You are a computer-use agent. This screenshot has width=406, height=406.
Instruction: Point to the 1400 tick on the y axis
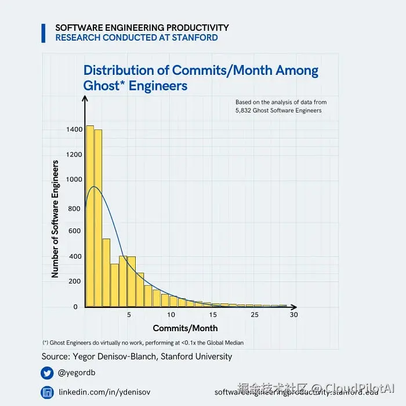coord(74,129)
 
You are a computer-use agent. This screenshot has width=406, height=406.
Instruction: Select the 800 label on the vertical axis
coord(74,208)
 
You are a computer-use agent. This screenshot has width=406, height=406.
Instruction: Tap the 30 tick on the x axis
coord(293,315)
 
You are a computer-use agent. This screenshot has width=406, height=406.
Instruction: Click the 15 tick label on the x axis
coord(213,315)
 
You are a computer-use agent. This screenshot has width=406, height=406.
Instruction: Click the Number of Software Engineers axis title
coord(56,219)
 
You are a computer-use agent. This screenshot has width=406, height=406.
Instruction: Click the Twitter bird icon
coord(47,373)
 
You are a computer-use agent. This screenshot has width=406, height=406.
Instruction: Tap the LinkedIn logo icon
coord(47,393)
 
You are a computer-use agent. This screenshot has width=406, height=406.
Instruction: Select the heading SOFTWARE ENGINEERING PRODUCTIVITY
coord(142,28)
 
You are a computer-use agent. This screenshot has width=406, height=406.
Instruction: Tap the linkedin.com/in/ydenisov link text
coord(104,393)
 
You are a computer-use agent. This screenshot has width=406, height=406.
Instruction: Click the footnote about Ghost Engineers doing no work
coord(143,343)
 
